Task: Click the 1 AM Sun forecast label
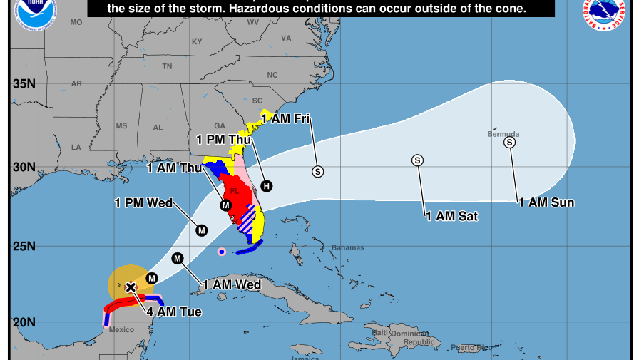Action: (x=546, y=202)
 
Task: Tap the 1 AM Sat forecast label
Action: (x=451, y=215)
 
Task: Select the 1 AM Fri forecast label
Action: (x=290, y=119)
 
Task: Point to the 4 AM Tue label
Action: (x=174, y=312)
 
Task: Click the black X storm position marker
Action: (x=131, y=287)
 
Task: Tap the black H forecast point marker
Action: (x=266, y=186)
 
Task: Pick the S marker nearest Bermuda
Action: (x=509, y=142)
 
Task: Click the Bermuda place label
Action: (x=503, y=134)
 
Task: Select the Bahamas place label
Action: (x=347, y=248)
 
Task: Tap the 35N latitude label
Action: (x=24, y=83)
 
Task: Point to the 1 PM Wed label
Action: (x=143, y=202)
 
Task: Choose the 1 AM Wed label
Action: (x=232, y=284)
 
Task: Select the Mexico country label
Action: (x=121, y=329)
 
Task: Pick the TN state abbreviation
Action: (x=167, y=66)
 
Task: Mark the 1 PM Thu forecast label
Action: (x=224, y=139)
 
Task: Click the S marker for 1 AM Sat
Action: (x=417, y=160)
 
